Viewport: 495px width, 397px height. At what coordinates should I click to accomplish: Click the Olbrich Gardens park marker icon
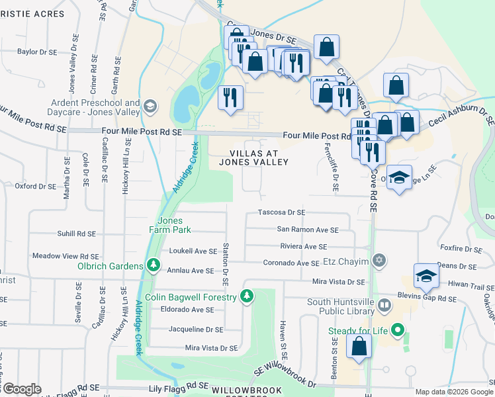pyautogui.click(x=154, y=266)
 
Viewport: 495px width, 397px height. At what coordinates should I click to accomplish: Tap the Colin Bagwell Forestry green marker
pyautogui.click(x=247, y=296)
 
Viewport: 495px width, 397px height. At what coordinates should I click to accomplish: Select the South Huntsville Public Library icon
pyautogui.click(x=384, y=306)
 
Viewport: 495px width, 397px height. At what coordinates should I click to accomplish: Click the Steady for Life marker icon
pyautogui.click(x=397, y=329)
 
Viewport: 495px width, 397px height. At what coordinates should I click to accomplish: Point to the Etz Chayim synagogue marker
pyautogui.click(x=379, y=259)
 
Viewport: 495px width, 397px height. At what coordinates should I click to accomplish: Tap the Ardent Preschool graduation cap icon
pyautogui.click(x=150, y=106)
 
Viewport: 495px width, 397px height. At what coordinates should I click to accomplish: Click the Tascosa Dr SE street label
pyautogui.click(x=281, y=212)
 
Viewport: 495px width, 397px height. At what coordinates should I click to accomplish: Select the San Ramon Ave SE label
pyautogui.click(x=307, y=230)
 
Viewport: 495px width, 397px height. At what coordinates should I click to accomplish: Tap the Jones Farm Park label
pyautogui.click(x=174, y=225)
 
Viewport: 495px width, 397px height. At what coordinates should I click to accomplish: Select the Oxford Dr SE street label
pyautogui.click(x=35, y=186)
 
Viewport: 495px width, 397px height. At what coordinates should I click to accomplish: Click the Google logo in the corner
pyautogui.click(x=22, y=389)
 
